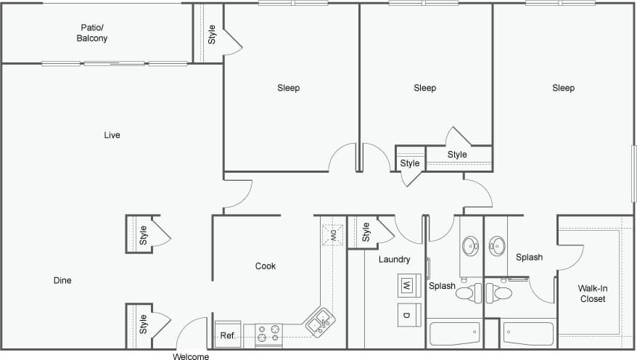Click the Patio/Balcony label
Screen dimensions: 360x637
[92, 33]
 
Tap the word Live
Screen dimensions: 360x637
[112, 135]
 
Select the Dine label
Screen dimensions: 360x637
[62, 280]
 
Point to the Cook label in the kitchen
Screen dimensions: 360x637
[266, 266]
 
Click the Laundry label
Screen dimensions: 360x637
[394, 259]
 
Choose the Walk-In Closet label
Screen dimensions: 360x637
[592, 293]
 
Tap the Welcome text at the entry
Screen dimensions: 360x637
[192, 356]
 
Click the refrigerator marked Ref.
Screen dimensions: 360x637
[228, 335]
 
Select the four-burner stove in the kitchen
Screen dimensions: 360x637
[268, 334]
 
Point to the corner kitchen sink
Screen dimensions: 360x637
[319, 322]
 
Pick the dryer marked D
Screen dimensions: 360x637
[407, 314]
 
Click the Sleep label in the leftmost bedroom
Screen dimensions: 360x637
[288, 88]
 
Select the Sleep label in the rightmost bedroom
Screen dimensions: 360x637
[563, 88]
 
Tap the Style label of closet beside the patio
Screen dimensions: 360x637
[212, 34]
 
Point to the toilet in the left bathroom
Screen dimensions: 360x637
[467, 293]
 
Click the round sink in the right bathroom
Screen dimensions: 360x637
[498, 247]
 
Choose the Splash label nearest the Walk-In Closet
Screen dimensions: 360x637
[529, 257]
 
